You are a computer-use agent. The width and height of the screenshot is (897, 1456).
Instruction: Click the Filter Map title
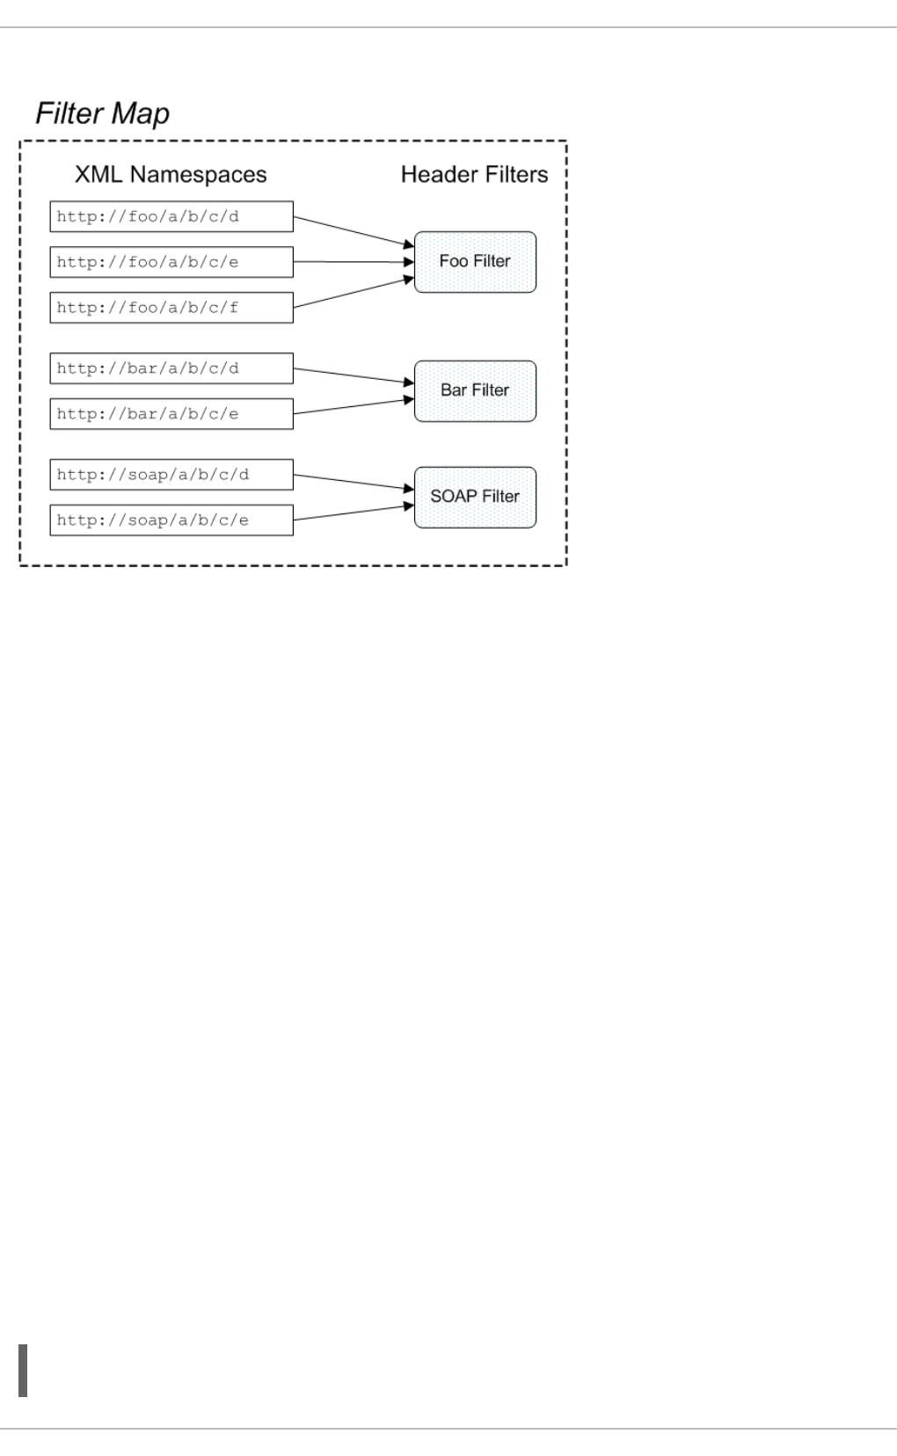click(102, 113)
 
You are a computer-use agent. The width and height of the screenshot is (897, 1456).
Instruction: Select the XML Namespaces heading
click(171, 174)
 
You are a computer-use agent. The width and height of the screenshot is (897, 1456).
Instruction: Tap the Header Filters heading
click(474, 174)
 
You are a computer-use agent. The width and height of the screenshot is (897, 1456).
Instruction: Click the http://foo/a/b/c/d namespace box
click(171, 216)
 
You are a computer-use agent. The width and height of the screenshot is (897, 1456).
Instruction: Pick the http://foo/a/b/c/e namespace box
click(171, 262)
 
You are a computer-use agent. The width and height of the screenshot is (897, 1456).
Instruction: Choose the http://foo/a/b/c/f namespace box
click(171, 308)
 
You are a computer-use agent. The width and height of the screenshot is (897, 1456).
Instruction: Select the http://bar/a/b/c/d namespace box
click(171, 368)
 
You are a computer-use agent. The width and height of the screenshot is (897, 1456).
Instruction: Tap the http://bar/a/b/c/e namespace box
click(171, 414)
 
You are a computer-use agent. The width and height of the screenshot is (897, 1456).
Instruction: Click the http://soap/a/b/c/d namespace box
click(171, 475)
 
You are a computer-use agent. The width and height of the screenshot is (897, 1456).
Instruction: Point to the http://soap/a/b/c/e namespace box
click(171, 521)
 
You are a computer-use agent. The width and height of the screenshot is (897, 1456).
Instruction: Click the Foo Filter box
click(475, 262)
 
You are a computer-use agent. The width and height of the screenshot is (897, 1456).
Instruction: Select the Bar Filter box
click(475, 390)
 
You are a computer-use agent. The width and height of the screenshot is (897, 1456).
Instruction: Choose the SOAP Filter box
click(475, 497)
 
